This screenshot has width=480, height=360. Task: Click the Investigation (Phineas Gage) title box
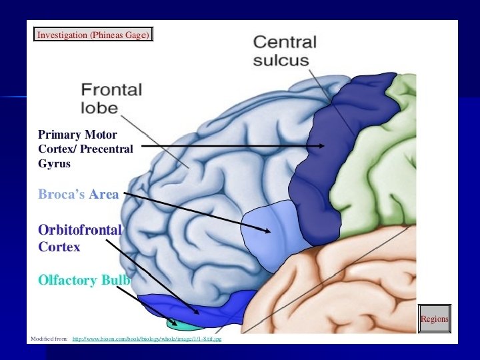point(93,34)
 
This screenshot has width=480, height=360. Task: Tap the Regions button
point(435,319)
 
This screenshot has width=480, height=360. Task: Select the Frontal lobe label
point(111,98)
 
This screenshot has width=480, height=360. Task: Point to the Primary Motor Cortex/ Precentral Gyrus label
point(85,149)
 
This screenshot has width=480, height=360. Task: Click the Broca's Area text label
point(79,195)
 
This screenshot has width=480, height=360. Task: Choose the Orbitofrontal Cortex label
point(80,238)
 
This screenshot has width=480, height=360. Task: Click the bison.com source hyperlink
point(147,339)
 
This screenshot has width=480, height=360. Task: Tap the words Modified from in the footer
point(49,339)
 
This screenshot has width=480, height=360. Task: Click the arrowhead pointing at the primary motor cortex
point(322,145)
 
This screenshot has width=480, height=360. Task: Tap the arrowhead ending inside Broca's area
point(268,231)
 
